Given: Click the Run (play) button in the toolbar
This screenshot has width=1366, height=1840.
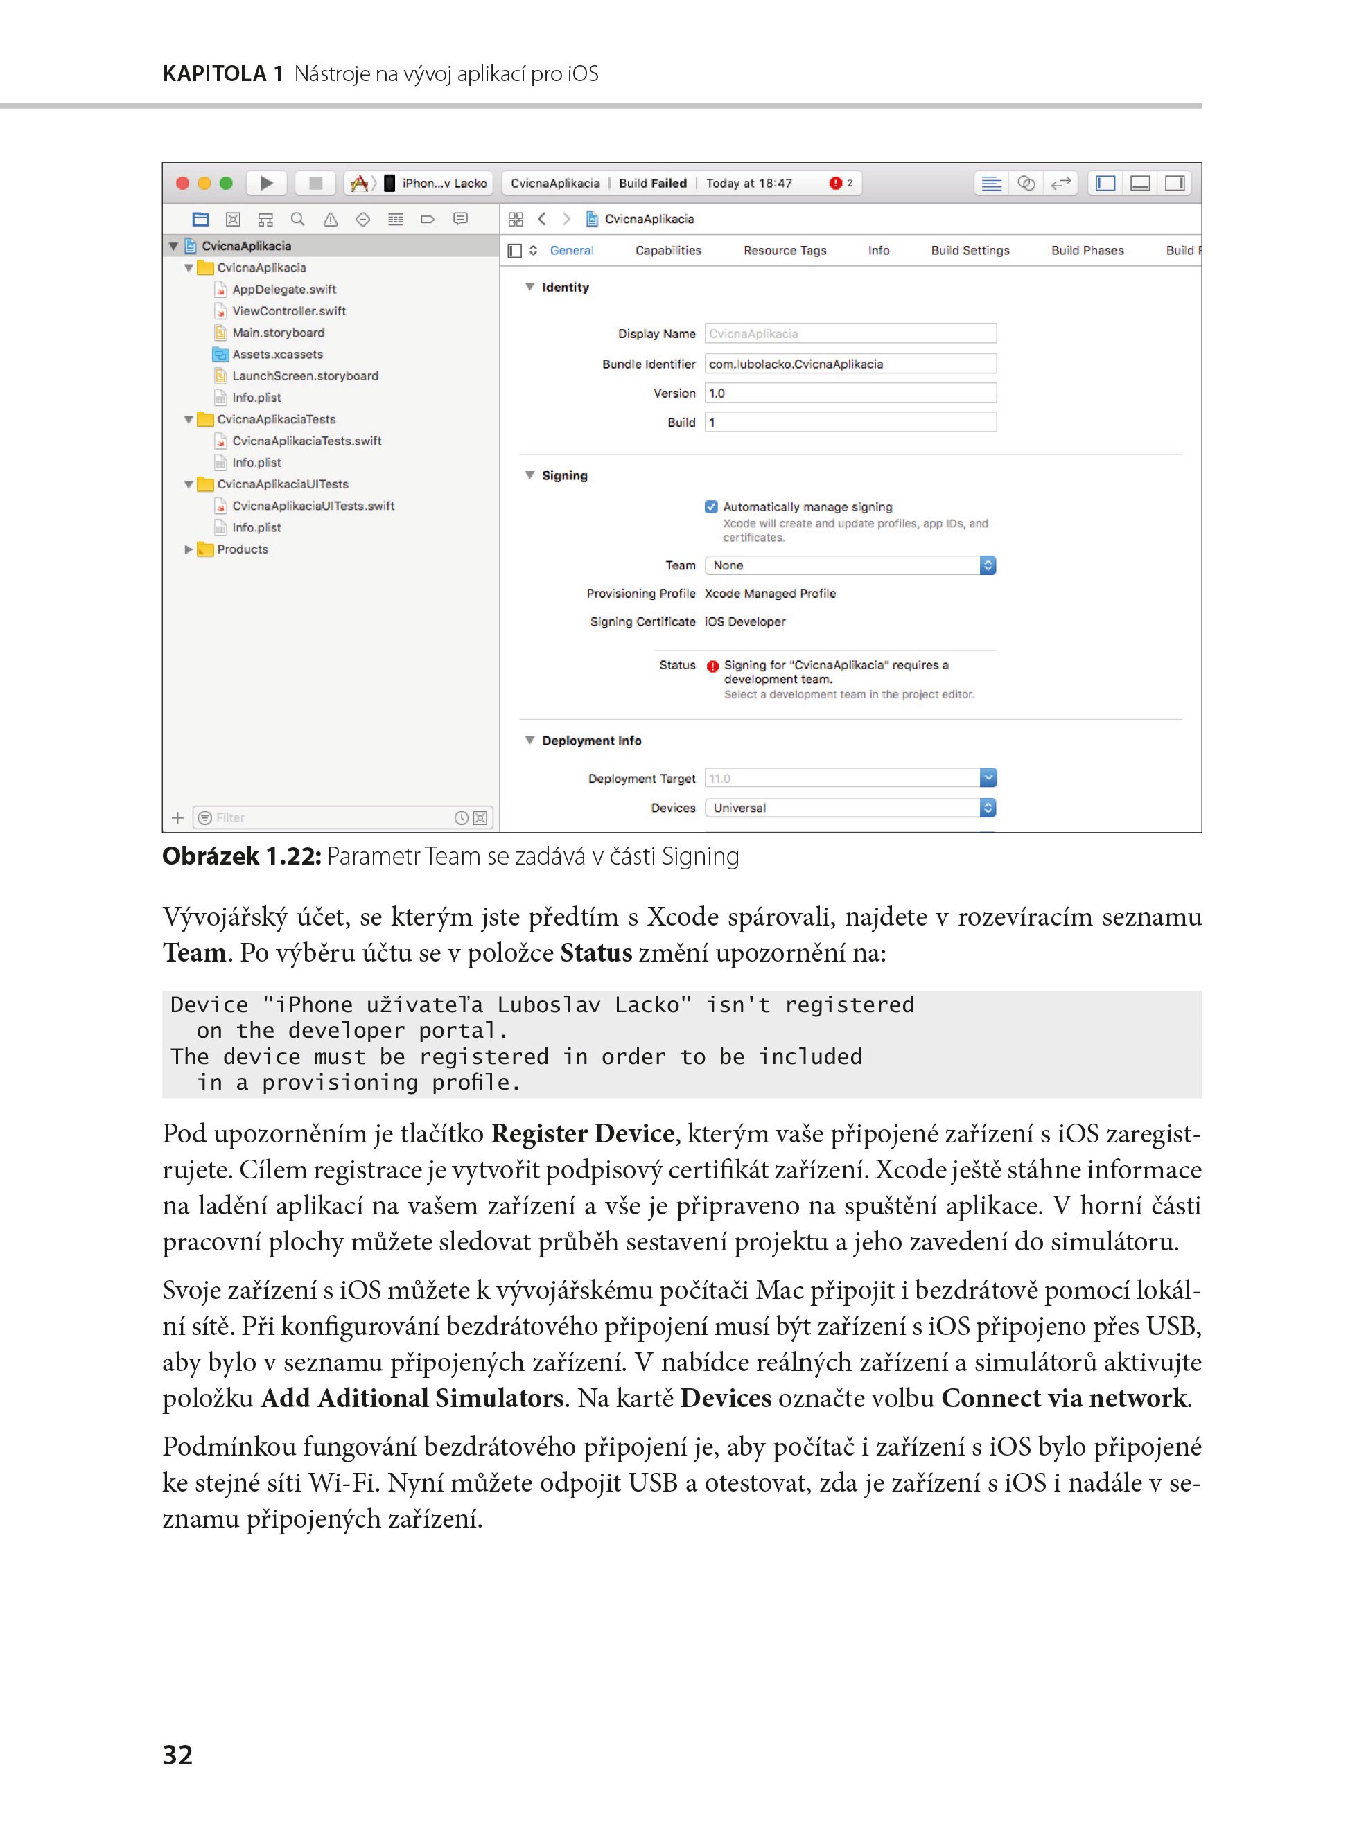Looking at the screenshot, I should pos(266,183).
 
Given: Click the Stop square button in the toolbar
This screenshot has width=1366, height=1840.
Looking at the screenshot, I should pos(315,183).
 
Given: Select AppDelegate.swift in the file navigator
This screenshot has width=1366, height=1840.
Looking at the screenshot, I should pos(283,290).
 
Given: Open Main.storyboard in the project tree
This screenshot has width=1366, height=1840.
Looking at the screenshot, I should pos(278,333).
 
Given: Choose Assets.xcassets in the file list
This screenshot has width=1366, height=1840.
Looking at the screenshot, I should pos(277,354).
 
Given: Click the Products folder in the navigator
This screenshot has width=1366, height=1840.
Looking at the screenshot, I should pos(243,549).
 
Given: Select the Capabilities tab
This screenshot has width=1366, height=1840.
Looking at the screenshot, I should pos(667,251).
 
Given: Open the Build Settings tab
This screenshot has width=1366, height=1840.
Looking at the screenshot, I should pos(970,251).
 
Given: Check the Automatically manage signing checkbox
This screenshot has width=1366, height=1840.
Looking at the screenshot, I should pos(711,506).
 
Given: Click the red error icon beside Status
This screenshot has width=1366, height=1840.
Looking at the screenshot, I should pos(712,666).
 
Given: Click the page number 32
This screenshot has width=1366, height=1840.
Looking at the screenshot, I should pos(178,1754).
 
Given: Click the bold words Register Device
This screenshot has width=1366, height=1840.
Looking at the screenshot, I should pos(582,1133).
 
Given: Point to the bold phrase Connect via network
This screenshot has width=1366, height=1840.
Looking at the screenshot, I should pos(1063,1398).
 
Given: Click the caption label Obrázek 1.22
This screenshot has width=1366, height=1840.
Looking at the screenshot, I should pos(240,856).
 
